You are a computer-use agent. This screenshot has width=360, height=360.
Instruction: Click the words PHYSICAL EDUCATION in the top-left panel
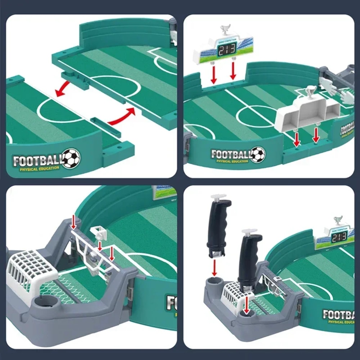coord(40,168)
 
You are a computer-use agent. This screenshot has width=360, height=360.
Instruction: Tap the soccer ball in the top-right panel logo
coord(258,154)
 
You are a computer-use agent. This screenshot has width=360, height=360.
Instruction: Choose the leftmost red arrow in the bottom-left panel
coord(74,221)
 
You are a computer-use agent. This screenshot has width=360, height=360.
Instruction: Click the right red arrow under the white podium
coord(316,135)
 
